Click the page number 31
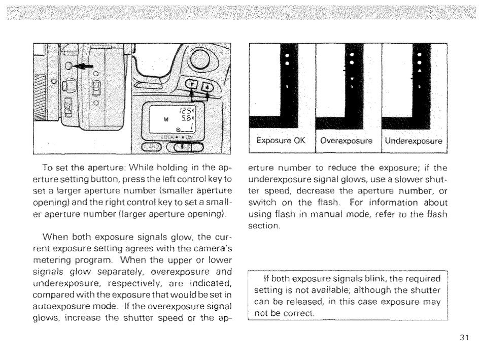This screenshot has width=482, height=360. click(x=460, y=339)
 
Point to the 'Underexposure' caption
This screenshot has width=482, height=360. click(x=413, y=140)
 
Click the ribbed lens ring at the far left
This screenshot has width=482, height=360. click(x=44, y=96)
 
